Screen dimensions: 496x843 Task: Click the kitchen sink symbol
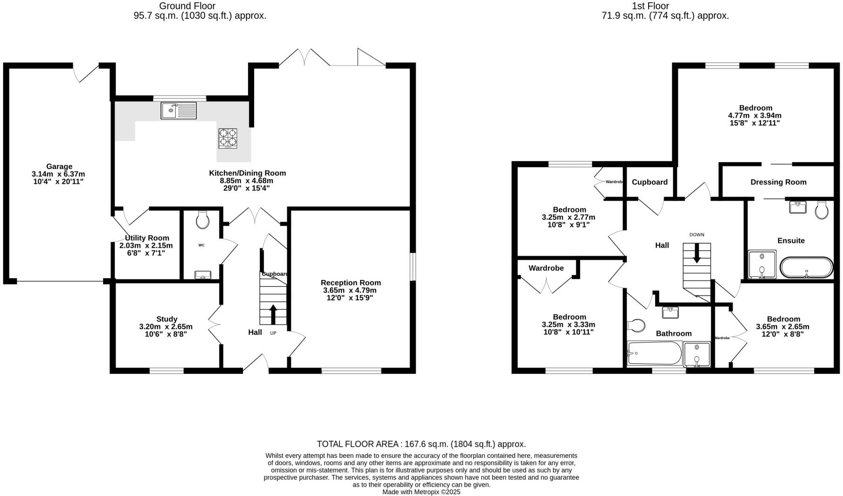tap(179, 110)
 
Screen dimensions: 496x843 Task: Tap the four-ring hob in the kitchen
tap(228, 138)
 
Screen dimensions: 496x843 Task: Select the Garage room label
tap(59, 167)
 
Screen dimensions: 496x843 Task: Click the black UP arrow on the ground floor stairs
tap(273, 314)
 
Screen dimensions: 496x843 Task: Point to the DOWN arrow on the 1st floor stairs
tap(697, 254)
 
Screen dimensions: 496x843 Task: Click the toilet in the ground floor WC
tap(203, 220)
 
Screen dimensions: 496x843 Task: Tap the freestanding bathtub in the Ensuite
tap(806, 268)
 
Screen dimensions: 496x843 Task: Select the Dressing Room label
tap(778, 182)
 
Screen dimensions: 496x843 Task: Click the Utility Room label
tap(147, 238)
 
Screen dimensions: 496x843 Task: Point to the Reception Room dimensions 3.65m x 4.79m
tap(350, 290)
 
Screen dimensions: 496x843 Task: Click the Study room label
tap(166, 319)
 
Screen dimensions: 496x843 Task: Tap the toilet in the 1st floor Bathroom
tap(636, 325)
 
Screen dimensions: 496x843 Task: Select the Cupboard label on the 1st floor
tap(650, 182)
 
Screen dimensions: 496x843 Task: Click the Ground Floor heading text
tap(187, 6)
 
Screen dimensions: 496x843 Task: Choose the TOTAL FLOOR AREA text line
tap(421, 444)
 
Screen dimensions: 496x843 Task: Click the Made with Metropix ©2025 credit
tap(421, 492)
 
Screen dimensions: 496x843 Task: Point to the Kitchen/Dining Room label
tap(247, 173)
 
